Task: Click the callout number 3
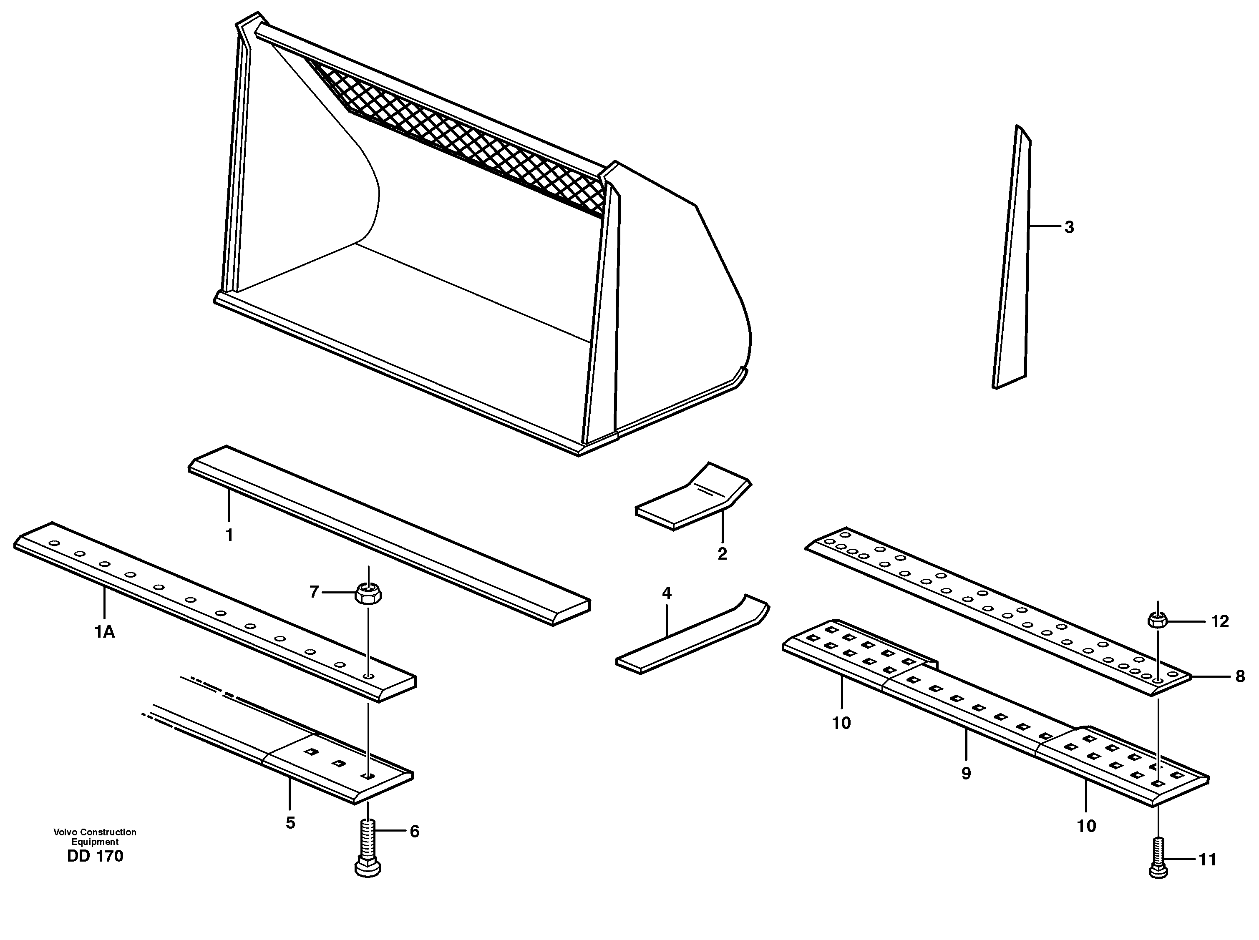(x=1069, y=227)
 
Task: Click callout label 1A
(x=105, y=631)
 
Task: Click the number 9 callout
(x=966, y=774)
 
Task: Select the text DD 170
(x=95, y=856)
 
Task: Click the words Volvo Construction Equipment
(x=95, y=837)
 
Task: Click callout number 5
(x=290, y=823)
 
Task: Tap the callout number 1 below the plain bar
(x=229, y=535)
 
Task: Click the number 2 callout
(x=722, y=554)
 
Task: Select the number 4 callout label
(x=667, y=593)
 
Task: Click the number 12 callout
(x=1220, y=622)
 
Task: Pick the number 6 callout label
(x=414, y=832)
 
